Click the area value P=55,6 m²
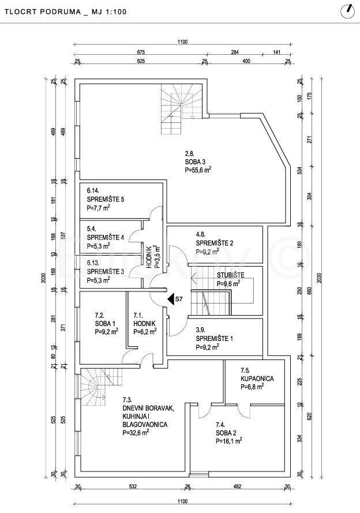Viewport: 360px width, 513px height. click(198, 171)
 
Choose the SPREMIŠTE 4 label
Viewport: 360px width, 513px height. click(106, 237)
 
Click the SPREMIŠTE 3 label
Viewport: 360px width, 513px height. click(106, 271)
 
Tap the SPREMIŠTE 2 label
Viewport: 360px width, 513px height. click(215, 243)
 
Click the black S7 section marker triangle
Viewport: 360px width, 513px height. click(171, 299)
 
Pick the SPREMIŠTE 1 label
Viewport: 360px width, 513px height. click(215, 339)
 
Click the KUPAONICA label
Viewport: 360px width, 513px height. click(257, 379)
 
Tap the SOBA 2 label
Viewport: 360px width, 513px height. click(227, 432)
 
